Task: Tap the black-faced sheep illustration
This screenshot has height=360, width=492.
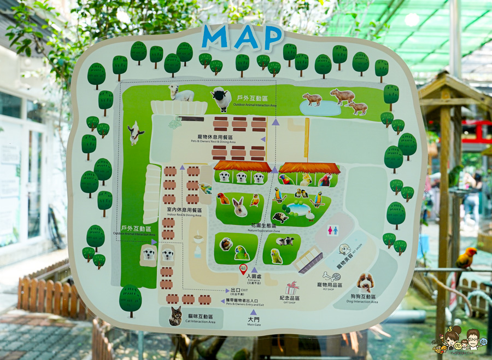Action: pos(220,98)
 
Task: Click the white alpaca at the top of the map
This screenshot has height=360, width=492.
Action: pos(181,93)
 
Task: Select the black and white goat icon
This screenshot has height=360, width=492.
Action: pos(134,133)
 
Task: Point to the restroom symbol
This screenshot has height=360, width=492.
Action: pos(332,230)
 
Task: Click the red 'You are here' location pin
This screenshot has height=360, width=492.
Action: pos(243,268)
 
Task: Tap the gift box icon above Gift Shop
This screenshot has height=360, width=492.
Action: pos(292,288)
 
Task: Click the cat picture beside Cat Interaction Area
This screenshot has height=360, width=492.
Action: pos(175,316)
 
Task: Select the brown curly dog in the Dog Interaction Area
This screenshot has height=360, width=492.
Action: pos(365,282)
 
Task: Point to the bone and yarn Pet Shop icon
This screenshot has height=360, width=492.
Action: pos(331,276)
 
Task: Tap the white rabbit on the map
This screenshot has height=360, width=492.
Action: pos(239,207)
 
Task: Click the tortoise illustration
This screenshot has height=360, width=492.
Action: pos(280,217)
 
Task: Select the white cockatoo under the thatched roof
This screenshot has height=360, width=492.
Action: pos(306,179)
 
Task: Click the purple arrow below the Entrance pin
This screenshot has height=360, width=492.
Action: pos(254,285)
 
